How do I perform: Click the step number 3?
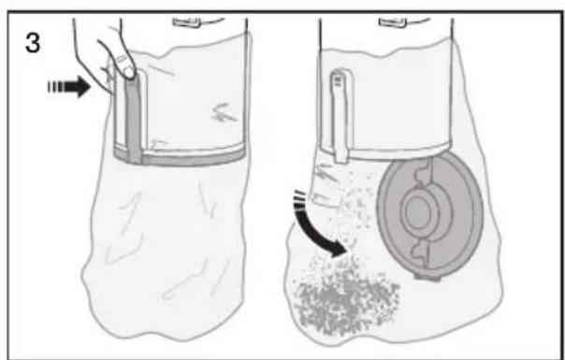(33, 42)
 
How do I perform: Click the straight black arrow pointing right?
(69, 87)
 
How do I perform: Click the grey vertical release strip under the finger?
(134, 119)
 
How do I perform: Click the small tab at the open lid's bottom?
(427, 277)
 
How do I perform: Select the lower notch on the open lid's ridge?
(421, 250)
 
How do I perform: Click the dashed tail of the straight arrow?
(55, 87)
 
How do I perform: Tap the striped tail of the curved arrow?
(299, 201)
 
